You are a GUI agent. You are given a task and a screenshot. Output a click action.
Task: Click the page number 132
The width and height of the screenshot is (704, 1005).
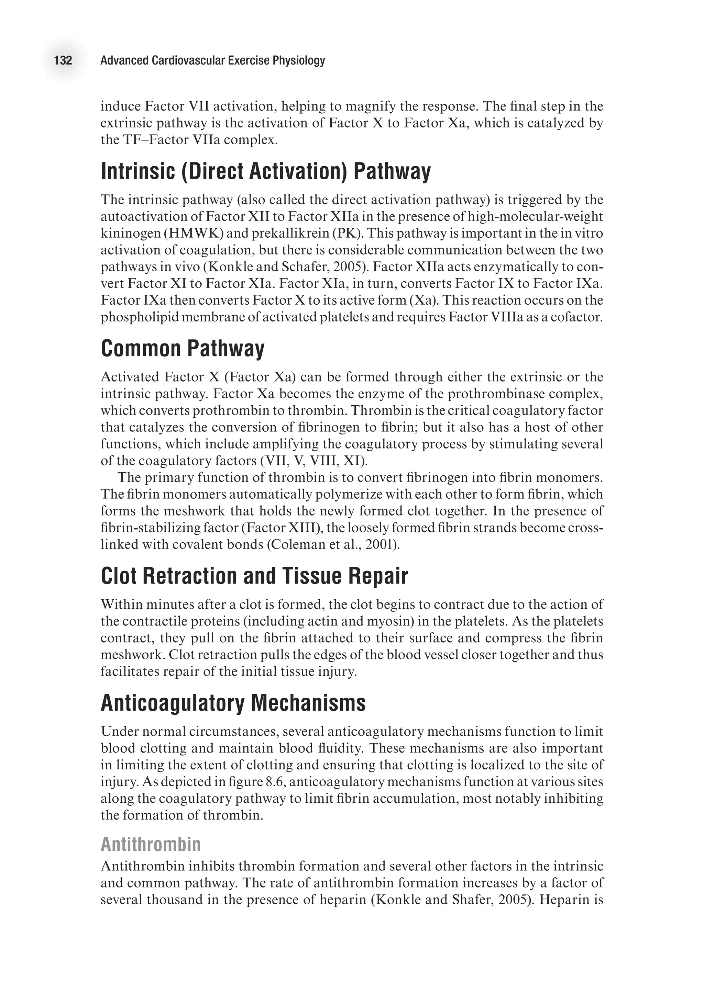(63, 60)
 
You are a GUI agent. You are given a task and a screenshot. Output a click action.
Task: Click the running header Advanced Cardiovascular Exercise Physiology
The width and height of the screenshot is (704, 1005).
(212, 60)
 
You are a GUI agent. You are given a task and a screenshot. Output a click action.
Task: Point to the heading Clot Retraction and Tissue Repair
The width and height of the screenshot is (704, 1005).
(254, 576)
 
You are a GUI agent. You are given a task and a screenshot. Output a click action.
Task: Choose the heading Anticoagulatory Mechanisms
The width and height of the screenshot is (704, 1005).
(233, 703)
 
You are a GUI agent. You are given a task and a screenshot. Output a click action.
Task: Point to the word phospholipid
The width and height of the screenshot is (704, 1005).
(137, 317)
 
